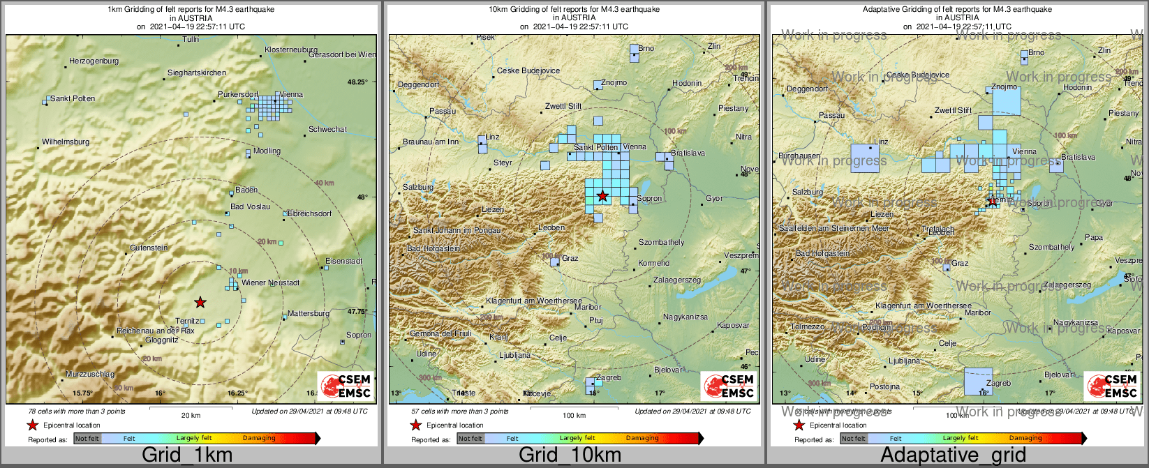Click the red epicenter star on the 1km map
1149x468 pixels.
pos(200,302)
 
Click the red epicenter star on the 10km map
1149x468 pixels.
pos(602,196)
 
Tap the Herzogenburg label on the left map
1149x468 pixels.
pos(94,61)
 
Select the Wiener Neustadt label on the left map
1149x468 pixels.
pos(271,282)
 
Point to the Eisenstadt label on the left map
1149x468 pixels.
pos(344,261)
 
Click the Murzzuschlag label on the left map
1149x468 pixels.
pos(90,375)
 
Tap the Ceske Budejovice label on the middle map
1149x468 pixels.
pos(528,70)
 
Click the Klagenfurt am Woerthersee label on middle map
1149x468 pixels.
pos(534,301)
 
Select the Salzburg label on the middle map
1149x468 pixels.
pos(418,187)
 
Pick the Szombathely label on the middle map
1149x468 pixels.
pos(662,242)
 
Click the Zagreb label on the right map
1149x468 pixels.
pos(999,383)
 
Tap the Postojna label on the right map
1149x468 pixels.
pos(884,386)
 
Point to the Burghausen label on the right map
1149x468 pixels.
pos(799,156)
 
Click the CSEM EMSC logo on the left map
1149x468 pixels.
pos(346,386)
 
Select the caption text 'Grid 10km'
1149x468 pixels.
pos(570,455)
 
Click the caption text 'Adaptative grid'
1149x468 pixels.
pos(953,455)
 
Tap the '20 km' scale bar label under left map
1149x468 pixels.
pos(191,415)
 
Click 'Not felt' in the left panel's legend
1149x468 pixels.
pos(87,439)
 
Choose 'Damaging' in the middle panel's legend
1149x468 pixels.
pos(642,439)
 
